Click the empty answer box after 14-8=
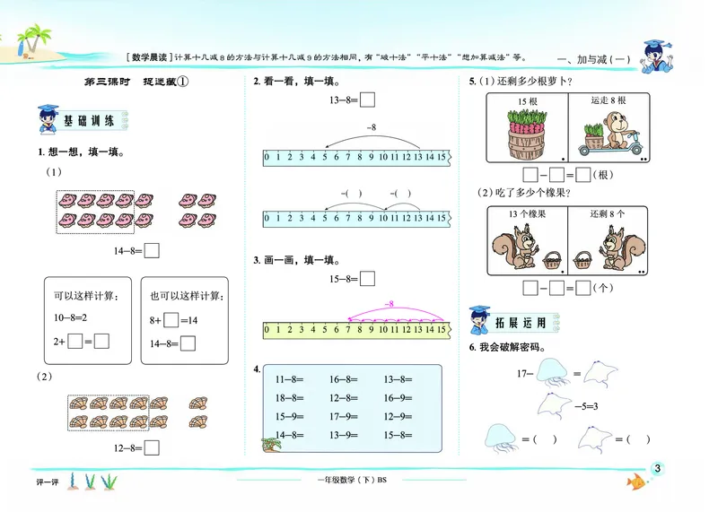coord(152,252)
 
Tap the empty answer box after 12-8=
coord(152,447)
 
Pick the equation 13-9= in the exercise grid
coord(344,435)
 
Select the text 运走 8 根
coord(609,101)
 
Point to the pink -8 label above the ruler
coord(389,304)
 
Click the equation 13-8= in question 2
coord(345,101)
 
